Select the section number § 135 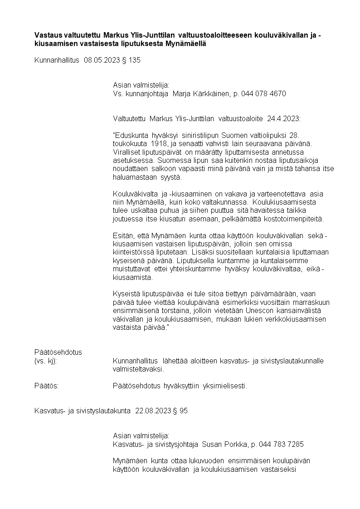(x=131, y=60)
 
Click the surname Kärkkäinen (x=213, y=94)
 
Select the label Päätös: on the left (x=47, y=386)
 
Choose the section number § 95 (x=180, y=411)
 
